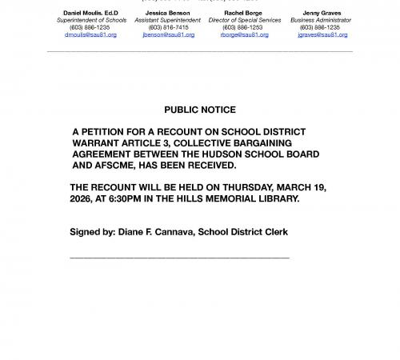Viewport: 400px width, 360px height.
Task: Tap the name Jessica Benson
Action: click(x=169, y=12)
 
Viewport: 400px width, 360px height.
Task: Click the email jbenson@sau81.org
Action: click(x=169, y=34)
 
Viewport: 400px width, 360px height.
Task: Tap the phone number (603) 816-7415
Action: click(x=169, y=27)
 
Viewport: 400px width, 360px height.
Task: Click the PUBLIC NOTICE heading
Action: click(x=200, y=110)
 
